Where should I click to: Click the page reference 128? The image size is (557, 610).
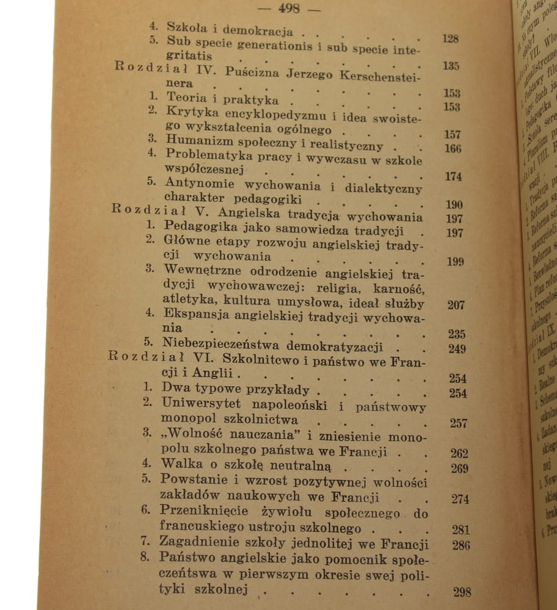pyautogui.click(x=450, y=38)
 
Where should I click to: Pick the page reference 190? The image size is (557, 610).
pyautogui.click(x=454, y=204)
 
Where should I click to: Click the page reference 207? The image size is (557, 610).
pyautogui.click(x=455, y=305)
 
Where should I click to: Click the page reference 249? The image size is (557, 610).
pyautogui.click(x=456, y=349)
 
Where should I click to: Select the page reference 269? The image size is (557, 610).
pyautogui.click(x=459, y=468)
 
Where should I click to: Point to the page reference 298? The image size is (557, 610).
pyautogui.click(x=462, y=592)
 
